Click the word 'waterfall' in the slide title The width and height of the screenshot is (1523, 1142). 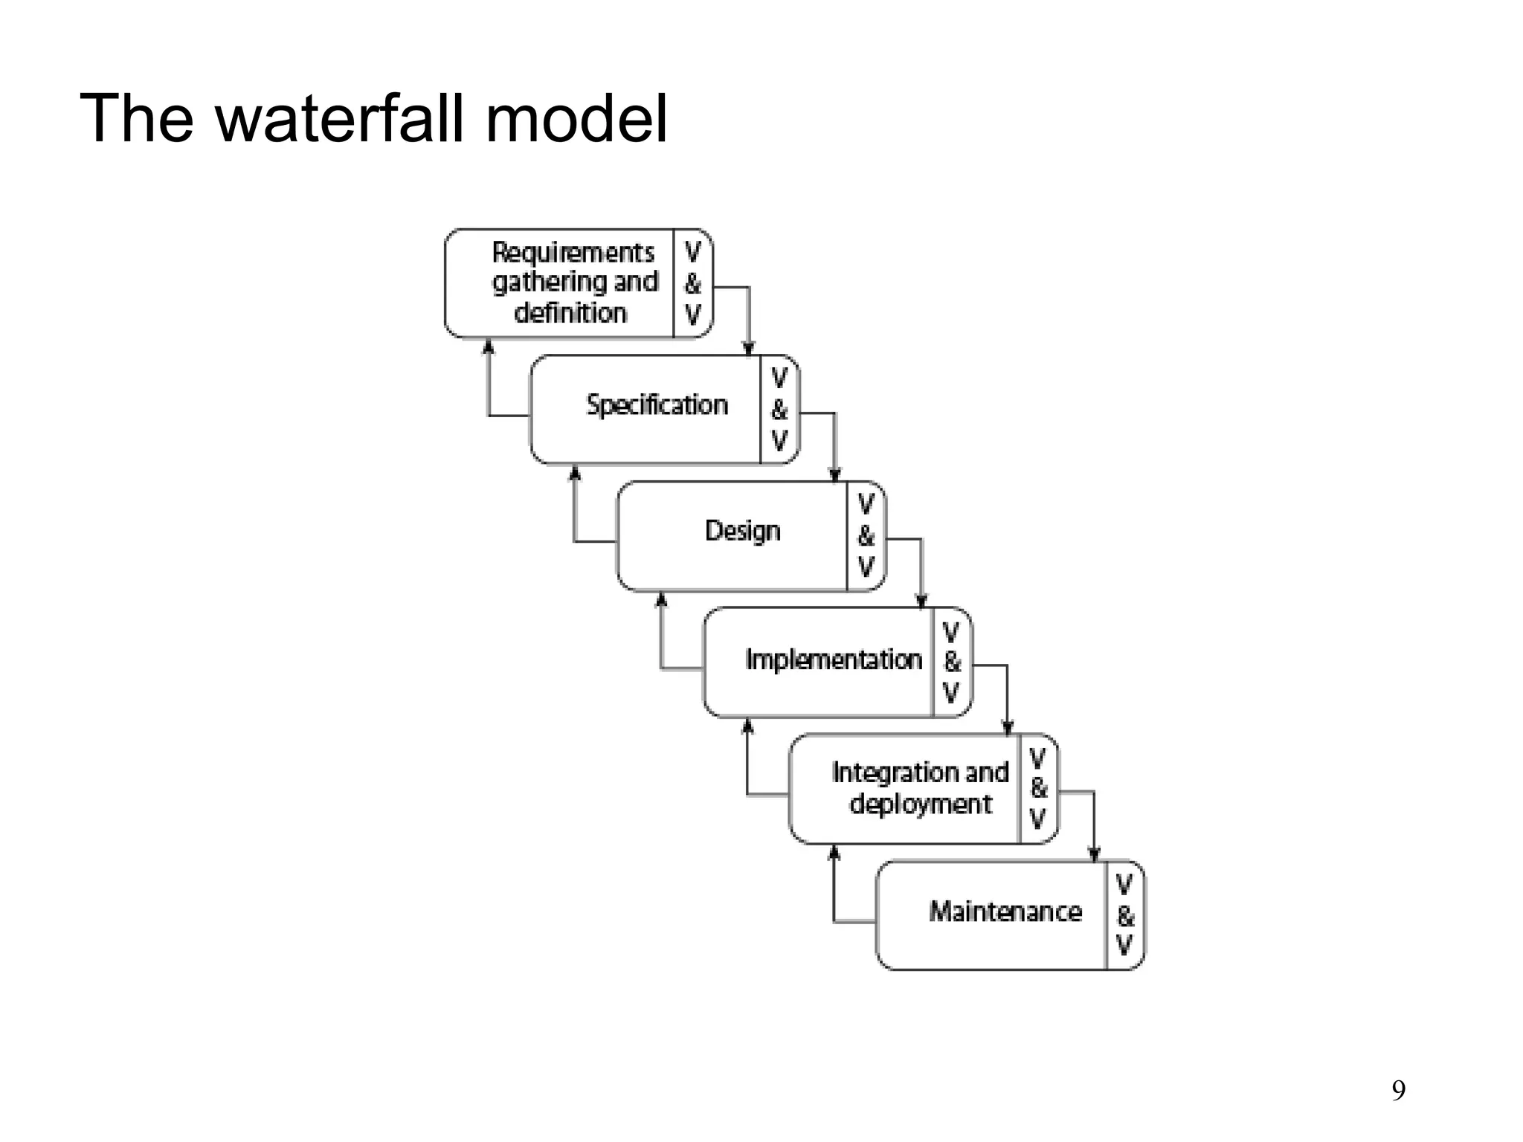[x=343, y=119]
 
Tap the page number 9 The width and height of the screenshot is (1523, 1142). [x=1398, y=1091]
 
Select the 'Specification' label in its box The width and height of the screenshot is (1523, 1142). [x=657, y=405]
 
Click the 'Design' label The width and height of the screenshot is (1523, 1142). [x=742, y=531]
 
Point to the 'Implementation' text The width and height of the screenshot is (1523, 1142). [x=833, y=659]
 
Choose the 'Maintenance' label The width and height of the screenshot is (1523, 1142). [x=1005, y=912]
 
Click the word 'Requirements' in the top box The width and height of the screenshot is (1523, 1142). [x=573, y=253]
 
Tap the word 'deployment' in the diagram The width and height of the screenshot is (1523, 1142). [x=920, y=804]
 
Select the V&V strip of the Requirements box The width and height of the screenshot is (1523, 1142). [x=692, y=284]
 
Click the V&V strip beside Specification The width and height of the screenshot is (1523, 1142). [x=779, y=410]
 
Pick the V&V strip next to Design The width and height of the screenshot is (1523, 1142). [x=866, y=536]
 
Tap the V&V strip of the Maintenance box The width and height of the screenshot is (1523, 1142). [x=1124, y=915]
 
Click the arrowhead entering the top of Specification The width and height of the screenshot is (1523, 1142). [x=749, y=349]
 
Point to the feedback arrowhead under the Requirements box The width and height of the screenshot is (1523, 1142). [x=489, y=346]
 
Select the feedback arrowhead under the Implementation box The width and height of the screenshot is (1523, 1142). [x=748, y=725]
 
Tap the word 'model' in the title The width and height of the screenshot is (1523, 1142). [x=576, y=119]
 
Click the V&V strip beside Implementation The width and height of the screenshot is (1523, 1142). [x=951, y=662]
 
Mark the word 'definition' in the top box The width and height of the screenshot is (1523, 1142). [x=570, y=313]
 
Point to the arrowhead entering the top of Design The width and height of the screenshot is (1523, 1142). [x=835, y=475]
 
